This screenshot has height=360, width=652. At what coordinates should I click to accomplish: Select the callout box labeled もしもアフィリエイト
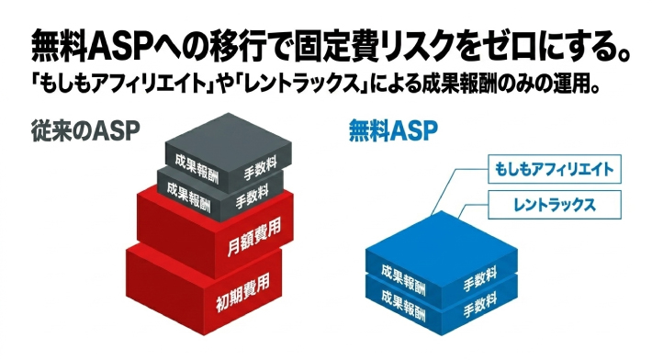pos(551,170)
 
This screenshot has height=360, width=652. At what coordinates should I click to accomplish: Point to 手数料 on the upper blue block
pos(478,274)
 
